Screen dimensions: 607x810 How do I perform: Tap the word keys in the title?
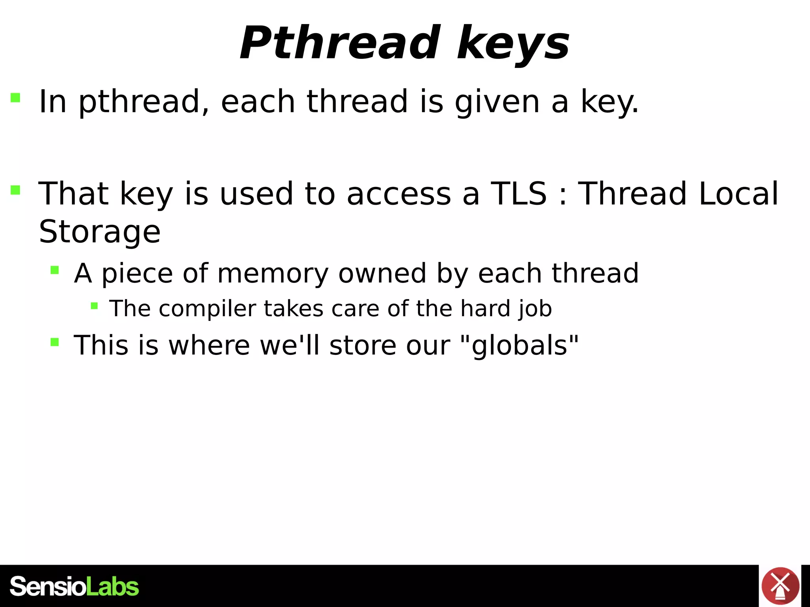pyautogui.click(x=513, y=44)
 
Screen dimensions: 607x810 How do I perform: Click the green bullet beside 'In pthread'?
pyautogui.click(x=15, y=98)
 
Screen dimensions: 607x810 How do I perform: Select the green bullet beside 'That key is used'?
pyautogui.click(x=15, y=190)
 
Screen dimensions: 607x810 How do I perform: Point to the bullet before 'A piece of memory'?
pyautogui.click(x=55, y=270)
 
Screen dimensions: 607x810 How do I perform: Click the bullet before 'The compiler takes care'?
pyautogui.click(x=94, y=305)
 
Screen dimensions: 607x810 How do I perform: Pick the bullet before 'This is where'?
pyautogui.click(x=55, y=342)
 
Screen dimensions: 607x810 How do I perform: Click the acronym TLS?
pyautogui.click(x=519, y=194)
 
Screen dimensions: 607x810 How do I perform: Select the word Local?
pyautogui.click(x=738, y=194)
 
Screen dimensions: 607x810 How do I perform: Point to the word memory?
pyautogui.click(x=273, y=273)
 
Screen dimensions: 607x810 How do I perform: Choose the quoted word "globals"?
pyautogui.click(x=519, y=345)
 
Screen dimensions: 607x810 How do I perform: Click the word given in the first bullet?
pyautogui.click(x=497, y=102)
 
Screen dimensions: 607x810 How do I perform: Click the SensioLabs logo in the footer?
pyautogui.click(x=74, y=586)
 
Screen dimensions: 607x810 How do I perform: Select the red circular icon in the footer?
pyautogui.click(x=780, y=586)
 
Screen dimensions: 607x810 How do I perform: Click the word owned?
pyautogui.click(x=382, y=273)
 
